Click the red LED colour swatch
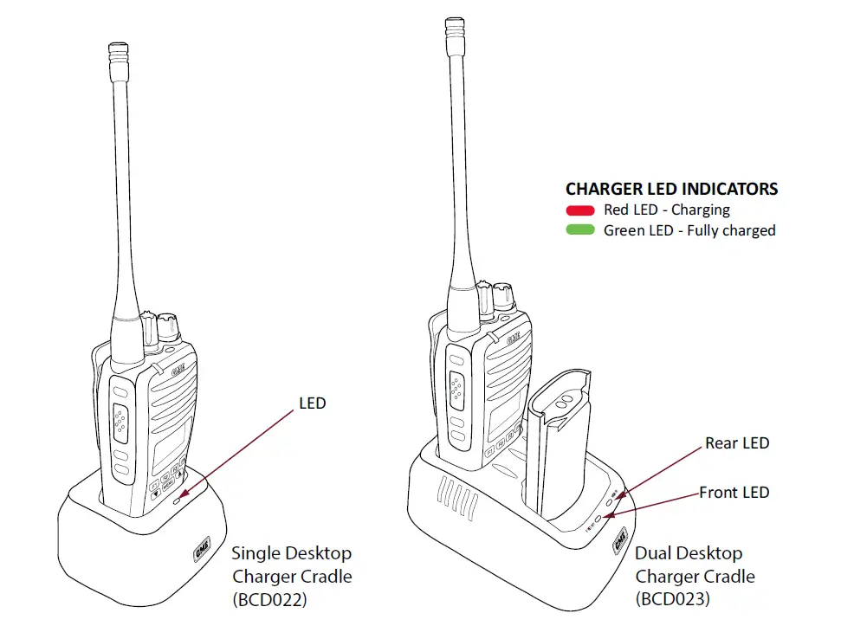click(x=579, y=210)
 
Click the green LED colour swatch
click(x=579, y=231)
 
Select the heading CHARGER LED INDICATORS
click(x=671, y=189)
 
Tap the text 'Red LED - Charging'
click(x=666, y=210)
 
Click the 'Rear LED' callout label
click(x=736, y=443)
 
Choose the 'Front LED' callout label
click(x=734, y=493)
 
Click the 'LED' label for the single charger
click(x=312, y=403)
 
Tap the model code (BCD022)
click(x=269, y=599)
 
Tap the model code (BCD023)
click(x=673, y=599)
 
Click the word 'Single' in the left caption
click(x=256, y=553)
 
